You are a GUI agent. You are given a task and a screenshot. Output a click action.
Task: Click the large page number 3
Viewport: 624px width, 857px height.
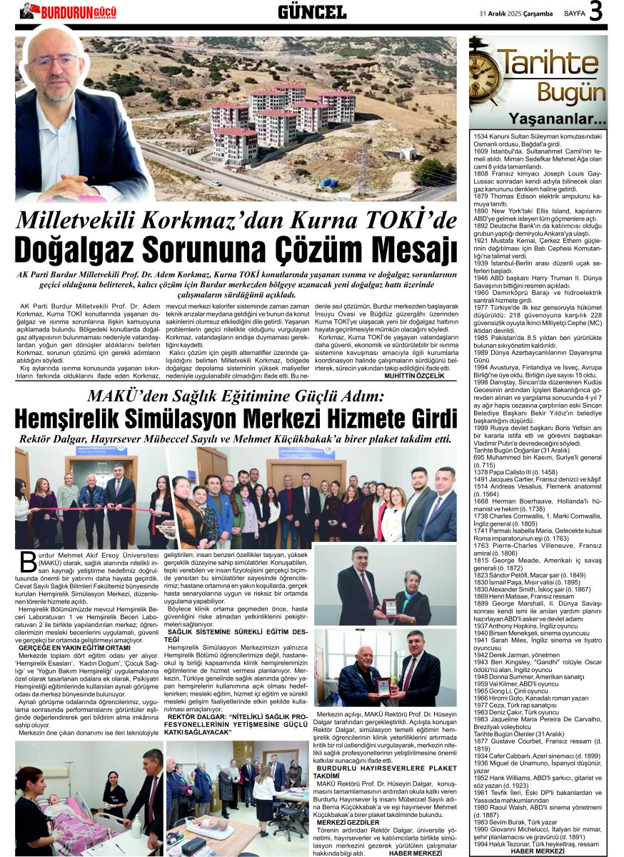click(595, 12)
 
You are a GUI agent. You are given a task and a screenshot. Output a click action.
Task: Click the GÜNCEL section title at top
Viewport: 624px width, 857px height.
click(311, 11)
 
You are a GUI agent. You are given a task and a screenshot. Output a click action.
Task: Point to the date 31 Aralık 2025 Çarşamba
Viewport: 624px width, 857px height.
click(516, 13)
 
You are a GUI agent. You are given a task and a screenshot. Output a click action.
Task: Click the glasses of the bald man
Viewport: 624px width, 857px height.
click(54, 60)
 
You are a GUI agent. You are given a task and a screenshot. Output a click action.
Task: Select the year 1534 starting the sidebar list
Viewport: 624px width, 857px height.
click(480, 135)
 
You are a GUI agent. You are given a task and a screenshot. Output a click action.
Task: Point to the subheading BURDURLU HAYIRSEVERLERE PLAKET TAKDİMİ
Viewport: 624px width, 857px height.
click(386, 771)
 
